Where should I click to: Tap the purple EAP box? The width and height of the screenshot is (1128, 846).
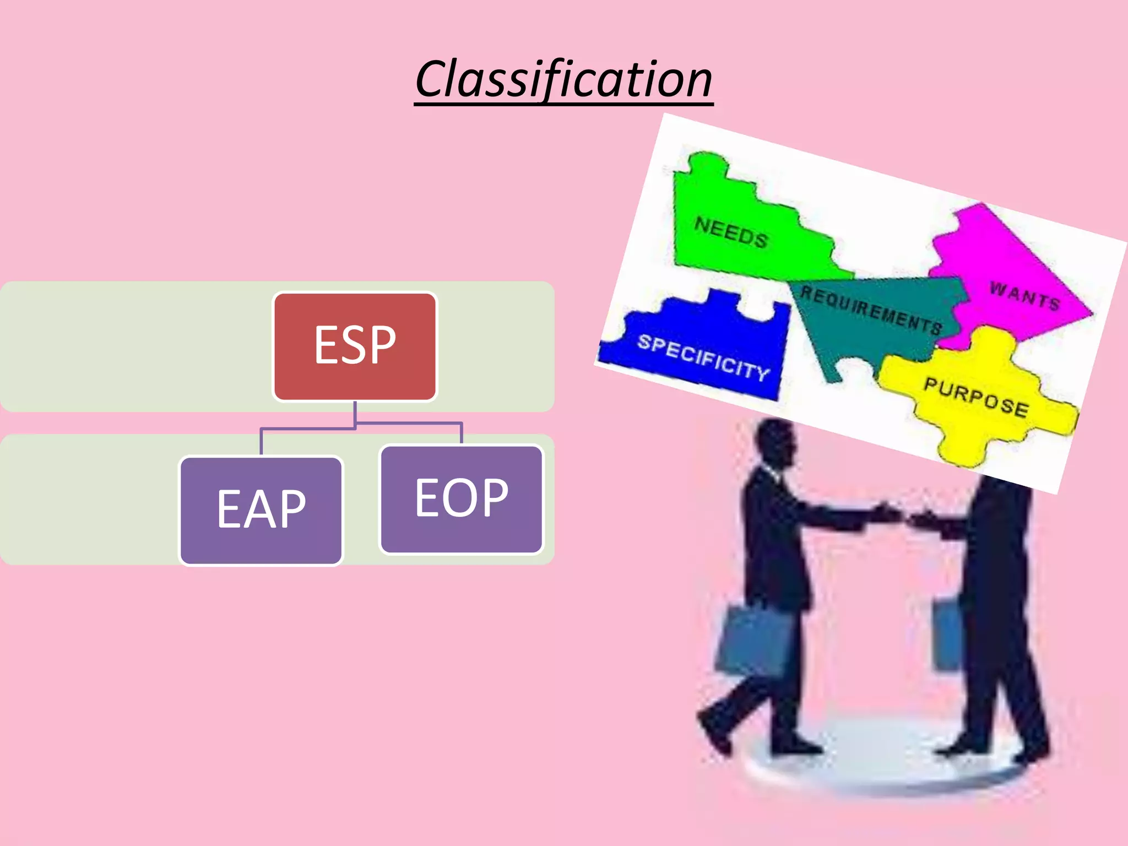tap(261, 510)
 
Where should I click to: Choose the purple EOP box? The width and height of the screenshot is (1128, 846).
tap(462, 499)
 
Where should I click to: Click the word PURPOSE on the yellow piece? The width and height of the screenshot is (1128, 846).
tap(976, 397)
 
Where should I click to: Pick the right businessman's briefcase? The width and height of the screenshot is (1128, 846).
tap(946, 633)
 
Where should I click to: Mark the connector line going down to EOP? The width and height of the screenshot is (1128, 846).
tap(462, 432)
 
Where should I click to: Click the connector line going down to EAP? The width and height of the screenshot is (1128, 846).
tap(261, 441)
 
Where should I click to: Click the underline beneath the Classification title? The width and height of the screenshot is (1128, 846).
tap(563, 103)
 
